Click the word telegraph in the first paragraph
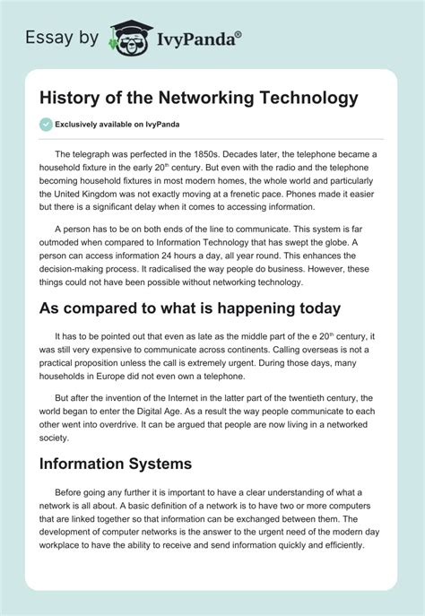pyautogui.click(x=107, y=155)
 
